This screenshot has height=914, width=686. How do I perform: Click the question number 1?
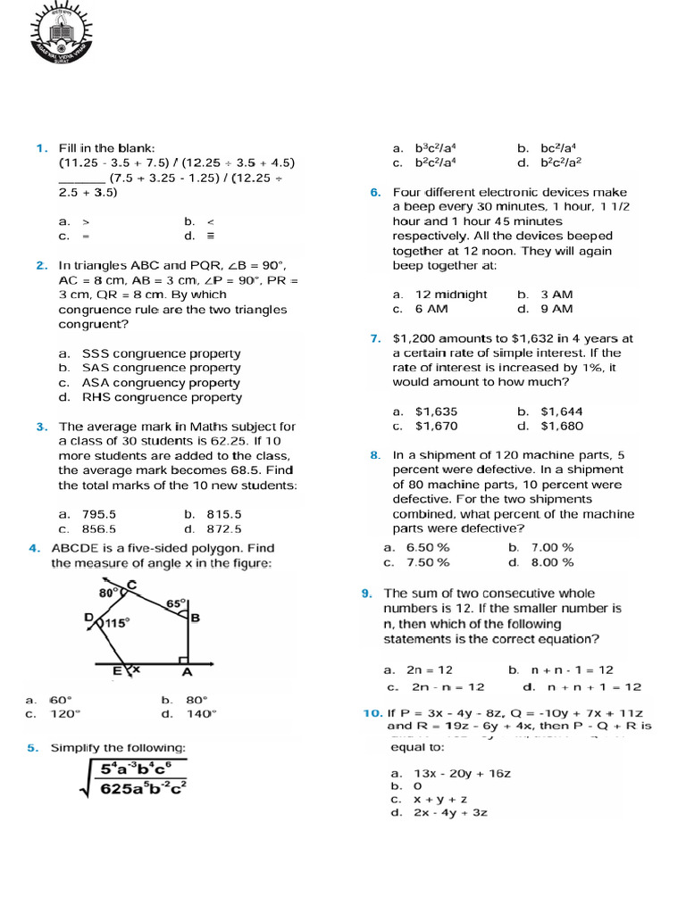pyautogui.click(x=41, y=147)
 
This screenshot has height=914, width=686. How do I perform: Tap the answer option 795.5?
pyautogui.click(x=99, y=514)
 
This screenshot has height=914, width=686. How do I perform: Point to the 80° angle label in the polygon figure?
pyautogui.click(x=108, y=592)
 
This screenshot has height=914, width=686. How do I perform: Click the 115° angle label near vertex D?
pyautogui.click(x=118, y=623)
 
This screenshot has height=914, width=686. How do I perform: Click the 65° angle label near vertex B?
pyautogui.click(x=175, y=603)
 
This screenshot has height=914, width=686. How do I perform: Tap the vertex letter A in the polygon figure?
pyautogui.click(x=187, y=671)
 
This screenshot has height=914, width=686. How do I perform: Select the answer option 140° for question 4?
pyautogui.click(x=200, y=713)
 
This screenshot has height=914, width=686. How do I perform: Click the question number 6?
pyautogui.click(x=375, y=192)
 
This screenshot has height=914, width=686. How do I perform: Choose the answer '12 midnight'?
pyautogui.click(x=451, y=294)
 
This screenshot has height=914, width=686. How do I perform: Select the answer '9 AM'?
pyautogui.click(x=556, y=309)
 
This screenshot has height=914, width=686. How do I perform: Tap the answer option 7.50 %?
pyautogui.click(x=428, y=562)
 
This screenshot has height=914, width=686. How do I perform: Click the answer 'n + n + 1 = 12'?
pyautogui.click(x=594, y=686)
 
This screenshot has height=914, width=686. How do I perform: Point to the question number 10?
pyautogui.click(x=372, y=713)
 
